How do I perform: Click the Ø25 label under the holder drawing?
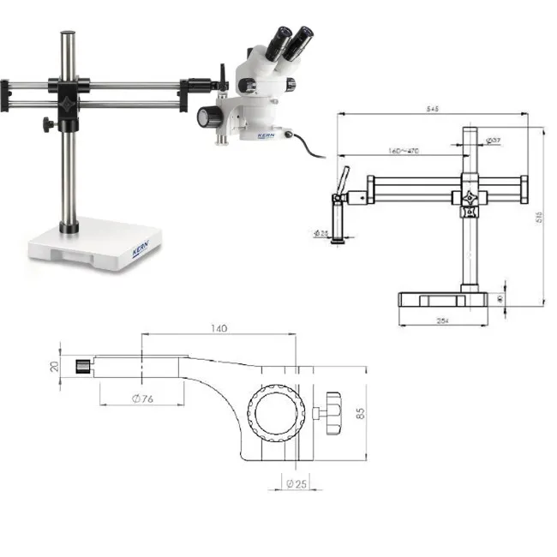[x=296, y=484]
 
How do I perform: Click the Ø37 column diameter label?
[x=494, y=140]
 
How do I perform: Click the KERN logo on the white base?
[x=141, y=250]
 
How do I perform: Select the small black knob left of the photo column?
[x=45, y=126]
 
